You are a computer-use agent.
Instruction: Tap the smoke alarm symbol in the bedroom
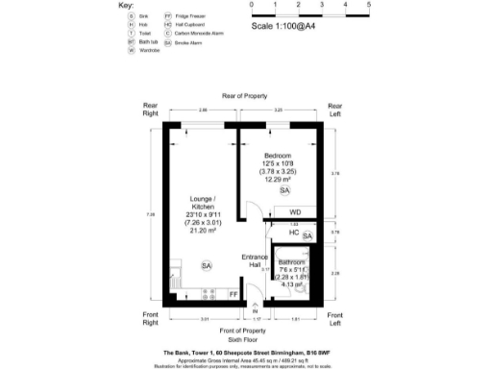pyautogui.click(x=284, y=191)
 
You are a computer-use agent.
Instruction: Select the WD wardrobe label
pyautogui.click(x=295, y=212)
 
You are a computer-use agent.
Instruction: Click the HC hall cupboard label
pyautogui.click(x=293, y=234)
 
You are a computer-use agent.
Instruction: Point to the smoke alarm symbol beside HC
pyautogui.click(x=307, y=235)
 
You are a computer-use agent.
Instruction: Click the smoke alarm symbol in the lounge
pyautogui.click(x=206, y=264)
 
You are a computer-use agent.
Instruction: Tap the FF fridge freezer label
pyautogui.click(x=233, y=294)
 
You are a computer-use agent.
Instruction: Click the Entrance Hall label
pyautogui.click(x=255, y=261)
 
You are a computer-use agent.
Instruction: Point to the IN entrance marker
pyautogui.click(x=255, y=313)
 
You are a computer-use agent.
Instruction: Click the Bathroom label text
pyautogui.click(x=292, y=262)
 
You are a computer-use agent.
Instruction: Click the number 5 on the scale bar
pyautogui.click(x=370, y=5)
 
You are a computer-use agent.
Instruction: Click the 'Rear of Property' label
pyautogui.click(x=245, y=96)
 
